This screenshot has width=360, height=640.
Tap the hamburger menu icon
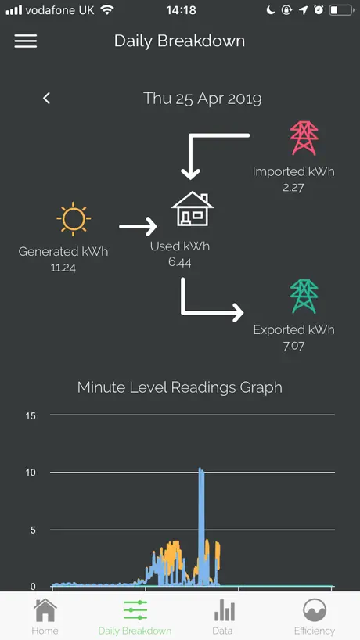26,41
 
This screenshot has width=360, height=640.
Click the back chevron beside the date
46,98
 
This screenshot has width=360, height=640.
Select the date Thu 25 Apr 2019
203,99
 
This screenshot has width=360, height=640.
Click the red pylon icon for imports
304,138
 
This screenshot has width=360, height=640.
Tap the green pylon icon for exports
304,296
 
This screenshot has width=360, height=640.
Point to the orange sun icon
74,219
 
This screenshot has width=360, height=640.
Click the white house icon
193,209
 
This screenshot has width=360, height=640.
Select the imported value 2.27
293,188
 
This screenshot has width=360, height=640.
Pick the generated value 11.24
63,268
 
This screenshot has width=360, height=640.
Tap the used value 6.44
180,262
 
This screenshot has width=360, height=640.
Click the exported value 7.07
294,346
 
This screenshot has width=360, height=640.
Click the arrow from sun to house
138,226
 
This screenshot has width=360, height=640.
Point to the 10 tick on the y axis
31,473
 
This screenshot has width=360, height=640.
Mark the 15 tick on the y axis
31,416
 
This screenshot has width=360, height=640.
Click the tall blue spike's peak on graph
200,469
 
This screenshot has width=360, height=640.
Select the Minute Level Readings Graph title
179,387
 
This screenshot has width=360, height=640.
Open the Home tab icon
45,610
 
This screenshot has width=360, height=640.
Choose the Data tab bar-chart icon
224,610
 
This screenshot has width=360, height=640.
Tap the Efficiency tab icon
315,610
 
